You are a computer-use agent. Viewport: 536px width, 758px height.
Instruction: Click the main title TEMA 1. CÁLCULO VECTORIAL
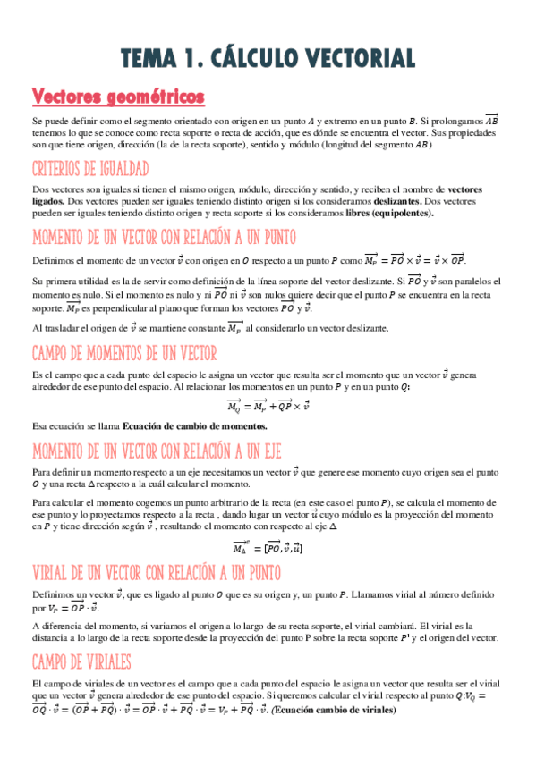click(268, 58)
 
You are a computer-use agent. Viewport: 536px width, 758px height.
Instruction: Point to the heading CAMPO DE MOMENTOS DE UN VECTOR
click(131, 353)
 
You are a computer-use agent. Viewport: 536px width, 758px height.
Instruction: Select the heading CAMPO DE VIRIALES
click(81, 661)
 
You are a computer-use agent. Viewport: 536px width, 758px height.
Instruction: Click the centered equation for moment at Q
click(267, 407)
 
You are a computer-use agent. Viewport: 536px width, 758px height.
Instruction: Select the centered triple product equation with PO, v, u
click(267, 547)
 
